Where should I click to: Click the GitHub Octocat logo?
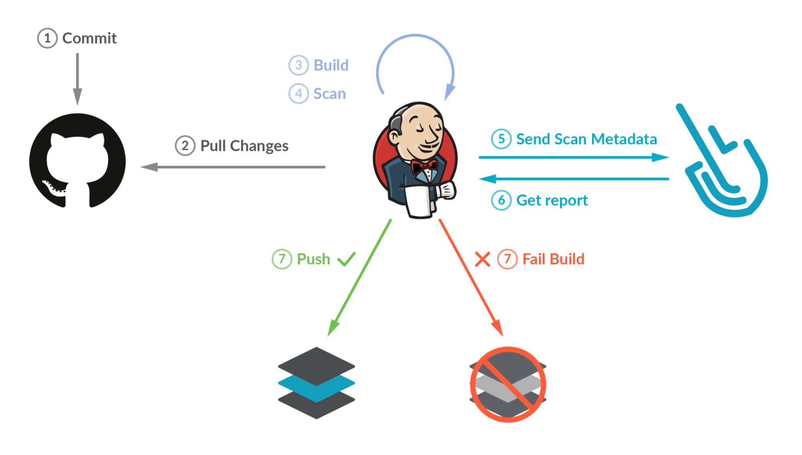point(77,160)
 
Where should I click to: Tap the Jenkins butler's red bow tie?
point(424,166)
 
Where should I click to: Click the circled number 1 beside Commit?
point(47,39)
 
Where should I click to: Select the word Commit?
point(89,39)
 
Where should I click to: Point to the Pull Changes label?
point(244,146)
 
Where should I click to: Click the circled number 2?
point(185,146)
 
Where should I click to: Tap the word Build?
point(331,65)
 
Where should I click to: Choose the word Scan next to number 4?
point(329,93)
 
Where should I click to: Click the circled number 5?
point(501,139)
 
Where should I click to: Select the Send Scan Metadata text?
point(586,139)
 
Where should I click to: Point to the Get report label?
point(552,200)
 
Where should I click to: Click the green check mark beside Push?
point(346,259)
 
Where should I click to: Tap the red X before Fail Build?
point(482,259)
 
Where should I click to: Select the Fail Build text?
point(553,259)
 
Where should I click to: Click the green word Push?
point(313,259)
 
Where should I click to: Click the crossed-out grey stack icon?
point(508,384)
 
